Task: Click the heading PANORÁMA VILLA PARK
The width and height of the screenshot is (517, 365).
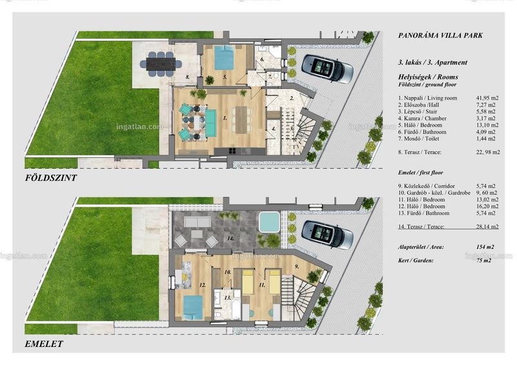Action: tap(440, 36)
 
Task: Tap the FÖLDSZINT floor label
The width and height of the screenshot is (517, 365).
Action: tap(51, 178)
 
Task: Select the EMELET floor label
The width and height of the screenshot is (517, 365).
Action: tap(44, 344)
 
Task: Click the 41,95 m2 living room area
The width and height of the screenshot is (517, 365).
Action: tap(487, 98)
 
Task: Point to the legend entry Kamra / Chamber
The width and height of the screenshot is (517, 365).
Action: tap(422, 118)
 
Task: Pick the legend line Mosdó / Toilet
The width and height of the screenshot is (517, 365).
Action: tap(418, 139)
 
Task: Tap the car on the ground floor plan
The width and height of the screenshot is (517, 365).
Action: tap(328, 68)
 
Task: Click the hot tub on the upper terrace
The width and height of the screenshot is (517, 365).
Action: tap(269, 222)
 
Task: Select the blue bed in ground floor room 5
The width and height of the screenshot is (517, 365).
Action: tap(224, 57)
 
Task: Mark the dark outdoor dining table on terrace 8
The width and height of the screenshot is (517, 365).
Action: tap(160, 64)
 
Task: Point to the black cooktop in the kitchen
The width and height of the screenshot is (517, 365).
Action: tap(232, 151)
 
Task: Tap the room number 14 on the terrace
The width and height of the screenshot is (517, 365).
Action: tap(230, 238)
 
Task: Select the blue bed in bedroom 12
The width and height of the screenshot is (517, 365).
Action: tap(193, 308)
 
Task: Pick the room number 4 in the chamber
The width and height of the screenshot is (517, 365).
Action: tap(273, 129)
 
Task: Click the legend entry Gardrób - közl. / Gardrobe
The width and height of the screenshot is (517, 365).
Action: tap(434, 193)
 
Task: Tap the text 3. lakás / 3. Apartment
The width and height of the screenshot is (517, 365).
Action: tap(432, 62)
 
